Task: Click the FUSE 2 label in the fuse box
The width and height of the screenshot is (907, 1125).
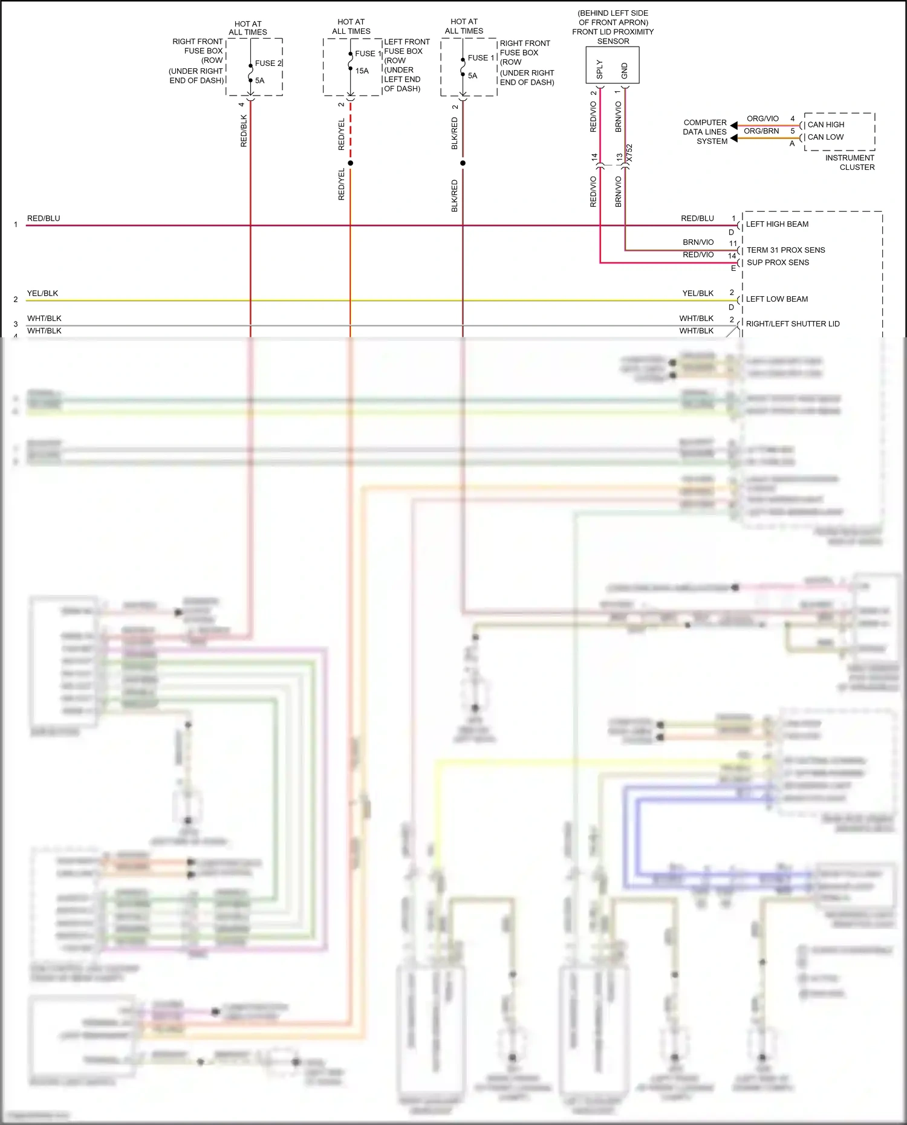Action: [268, 63]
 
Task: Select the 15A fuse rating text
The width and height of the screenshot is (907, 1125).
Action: [362, 71]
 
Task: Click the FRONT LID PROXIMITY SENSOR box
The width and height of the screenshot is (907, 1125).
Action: [612, 65]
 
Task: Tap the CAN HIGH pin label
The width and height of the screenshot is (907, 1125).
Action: [825, 125]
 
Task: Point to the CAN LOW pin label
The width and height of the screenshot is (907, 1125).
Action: [825, 137]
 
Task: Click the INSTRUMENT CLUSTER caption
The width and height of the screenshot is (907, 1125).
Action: [850, 163]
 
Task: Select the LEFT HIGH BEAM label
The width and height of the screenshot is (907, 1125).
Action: [777, 224]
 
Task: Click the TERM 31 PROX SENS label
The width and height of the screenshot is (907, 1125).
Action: [785, 250]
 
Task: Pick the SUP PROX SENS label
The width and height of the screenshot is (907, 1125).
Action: [778, 262]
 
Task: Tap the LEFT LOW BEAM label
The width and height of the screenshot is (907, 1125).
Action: [776, 299]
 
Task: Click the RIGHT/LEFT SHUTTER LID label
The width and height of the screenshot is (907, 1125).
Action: [792, 324]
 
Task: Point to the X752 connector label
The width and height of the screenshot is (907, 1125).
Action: [629, 152]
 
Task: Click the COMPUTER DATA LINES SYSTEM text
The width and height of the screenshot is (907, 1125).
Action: [705, 132]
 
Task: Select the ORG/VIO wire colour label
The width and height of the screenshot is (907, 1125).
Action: [762, 118]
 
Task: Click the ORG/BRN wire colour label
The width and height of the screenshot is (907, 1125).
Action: [761, 131]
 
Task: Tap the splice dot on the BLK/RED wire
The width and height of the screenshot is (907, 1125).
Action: [463, 163]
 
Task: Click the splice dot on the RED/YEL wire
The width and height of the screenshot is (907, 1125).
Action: [350, 163]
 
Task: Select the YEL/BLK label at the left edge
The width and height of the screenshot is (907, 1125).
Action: [42, 293]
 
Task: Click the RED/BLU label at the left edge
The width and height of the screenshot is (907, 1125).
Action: [44, 218]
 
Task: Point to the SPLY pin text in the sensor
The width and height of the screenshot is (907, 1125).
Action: [599, 69]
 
